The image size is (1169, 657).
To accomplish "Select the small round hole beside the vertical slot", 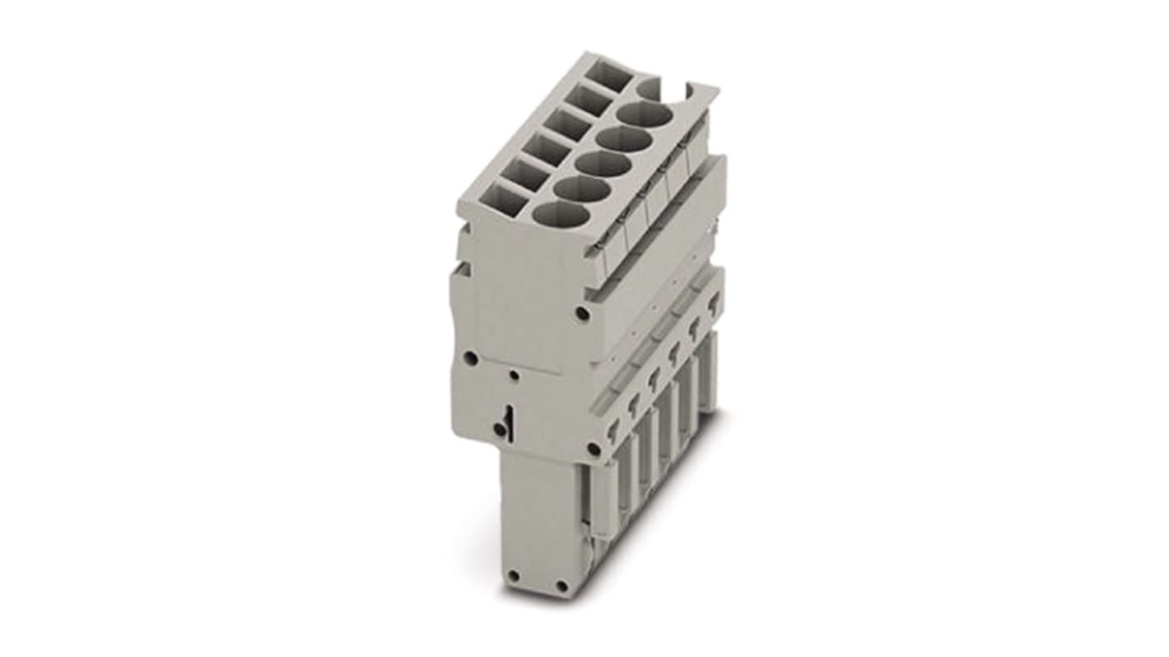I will click(x=499, y=429).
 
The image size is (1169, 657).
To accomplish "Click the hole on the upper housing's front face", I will click(x=583, y=314).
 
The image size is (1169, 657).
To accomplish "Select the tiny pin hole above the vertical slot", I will click(x=515, y=376).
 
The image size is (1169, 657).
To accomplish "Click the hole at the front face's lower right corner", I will click(x=594, y=449).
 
